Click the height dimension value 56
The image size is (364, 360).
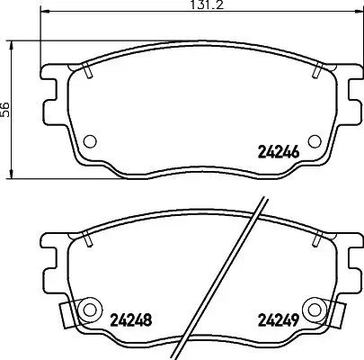click(6, 108)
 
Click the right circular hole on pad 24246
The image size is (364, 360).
click(314, 140)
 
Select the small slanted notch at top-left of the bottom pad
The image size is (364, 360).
click(84, 238)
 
